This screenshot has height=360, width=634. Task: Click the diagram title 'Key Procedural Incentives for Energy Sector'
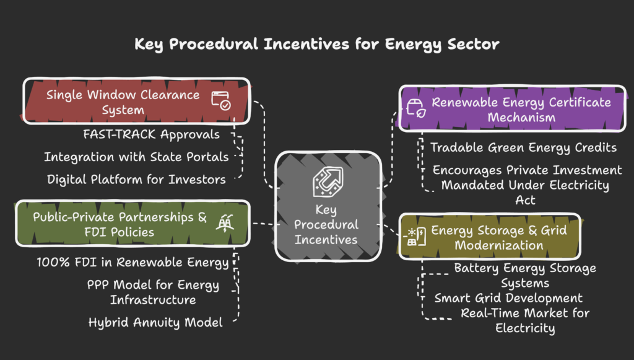317,44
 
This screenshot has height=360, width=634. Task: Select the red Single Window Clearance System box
137,101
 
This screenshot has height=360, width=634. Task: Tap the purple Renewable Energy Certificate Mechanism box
512,108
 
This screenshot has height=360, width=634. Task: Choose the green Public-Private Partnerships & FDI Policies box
132,223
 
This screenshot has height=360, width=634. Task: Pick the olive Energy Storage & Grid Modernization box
490,237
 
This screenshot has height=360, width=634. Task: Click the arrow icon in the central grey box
328,182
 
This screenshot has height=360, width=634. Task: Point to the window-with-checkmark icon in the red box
221,101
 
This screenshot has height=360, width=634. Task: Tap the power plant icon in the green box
225,223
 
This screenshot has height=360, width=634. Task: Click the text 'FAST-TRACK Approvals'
151,134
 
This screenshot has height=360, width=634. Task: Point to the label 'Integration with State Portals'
136,157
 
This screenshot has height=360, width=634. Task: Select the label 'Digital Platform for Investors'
136,179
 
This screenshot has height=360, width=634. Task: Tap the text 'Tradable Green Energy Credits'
523,147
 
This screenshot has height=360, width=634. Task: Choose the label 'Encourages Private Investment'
527,170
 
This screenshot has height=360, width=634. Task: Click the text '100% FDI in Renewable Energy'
132,262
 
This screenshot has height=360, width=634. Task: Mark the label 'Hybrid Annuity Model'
155,322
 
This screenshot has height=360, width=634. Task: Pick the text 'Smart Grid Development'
508,298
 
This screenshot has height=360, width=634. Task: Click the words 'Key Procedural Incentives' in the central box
326,224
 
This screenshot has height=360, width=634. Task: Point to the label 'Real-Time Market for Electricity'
525,320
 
